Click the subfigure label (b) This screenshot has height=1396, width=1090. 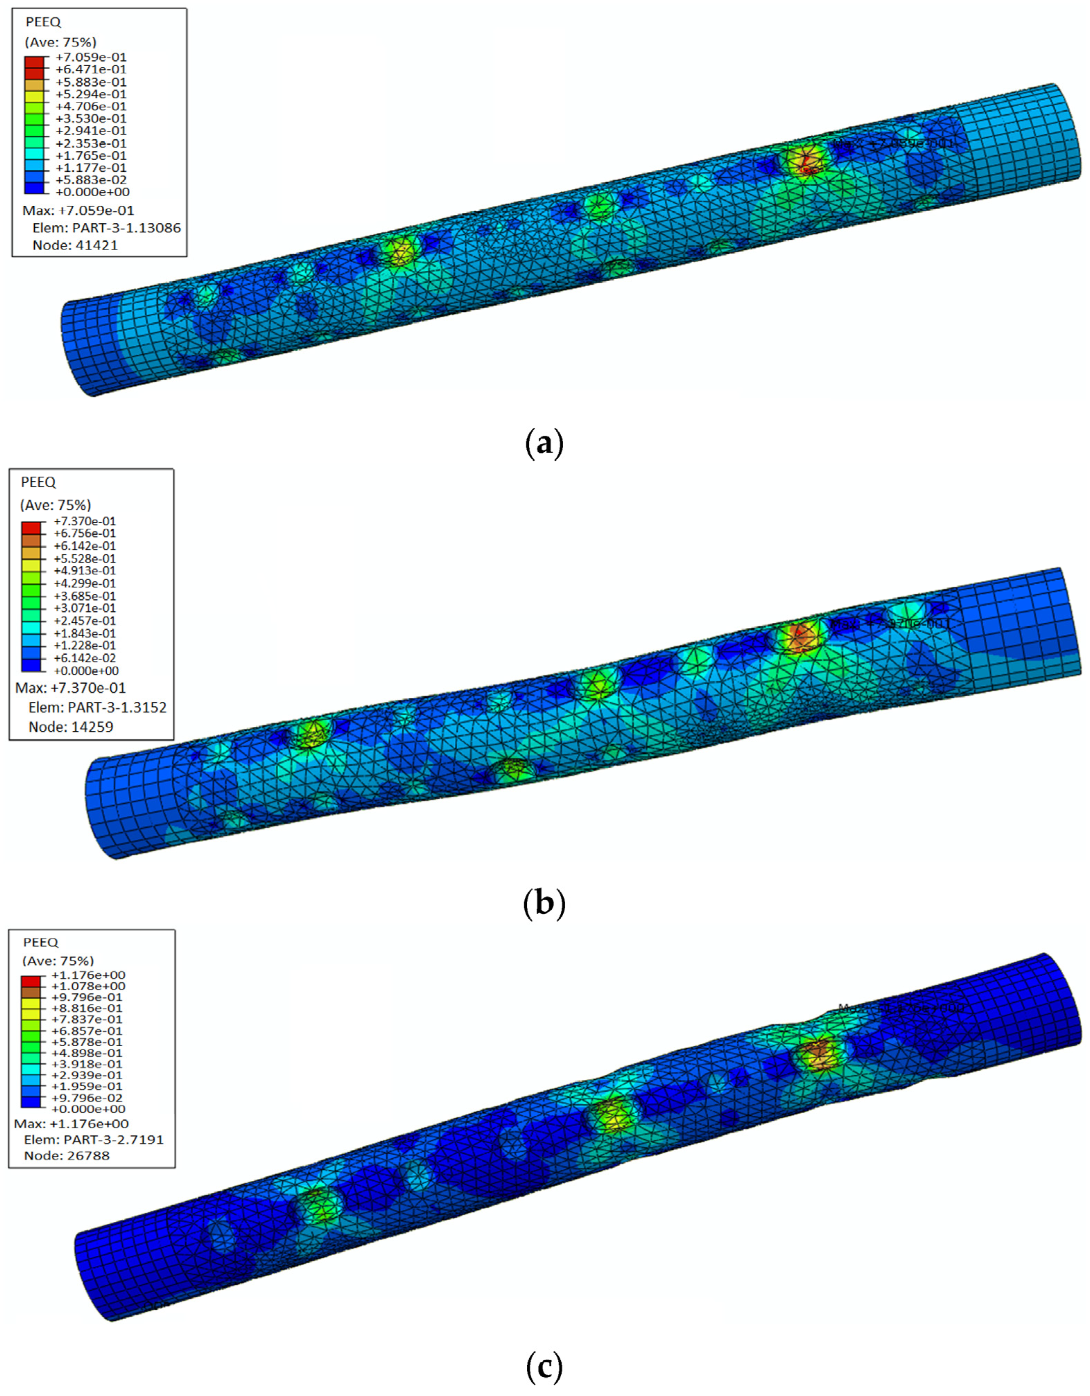[544, 903]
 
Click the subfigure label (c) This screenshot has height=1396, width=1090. [544, 1367]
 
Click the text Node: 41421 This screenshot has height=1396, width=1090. [76, 245]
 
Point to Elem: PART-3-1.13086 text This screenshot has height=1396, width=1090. [106, 227]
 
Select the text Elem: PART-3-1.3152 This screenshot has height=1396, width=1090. [97, 707]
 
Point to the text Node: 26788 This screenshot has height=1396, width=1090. [67, 1156]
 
